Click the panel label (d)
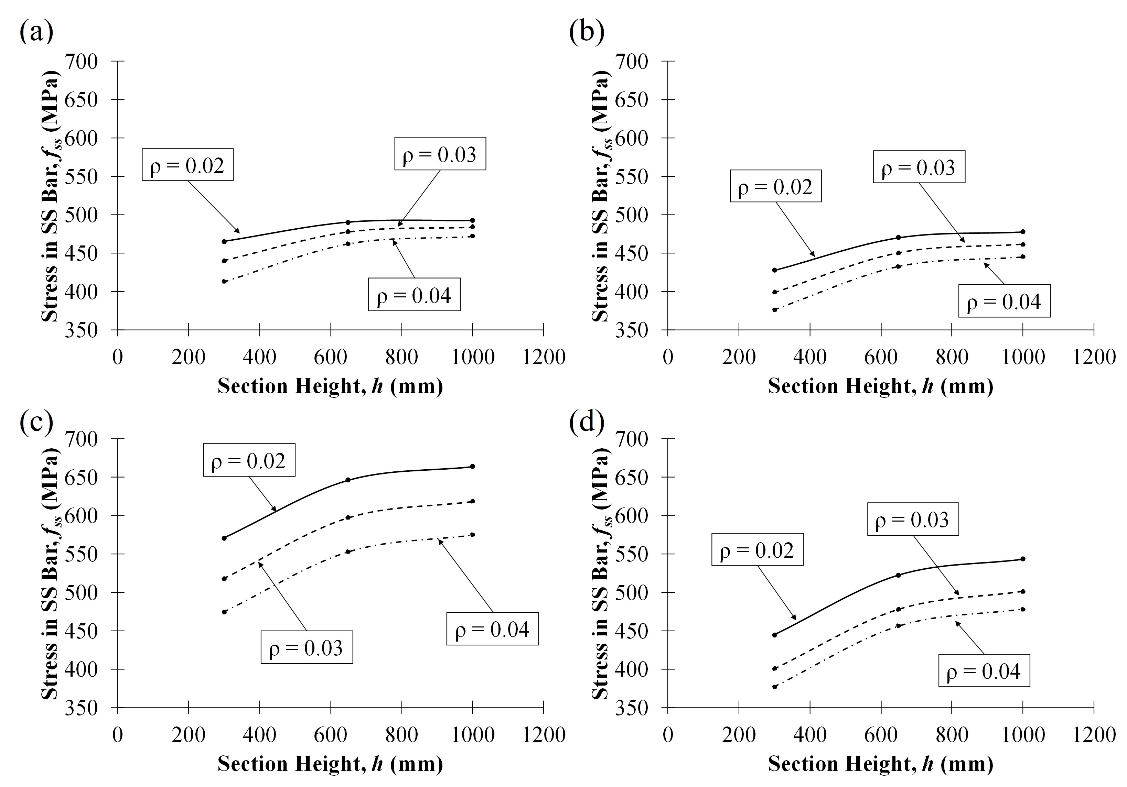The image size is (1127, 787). pyautogui.click(x=587, y=423)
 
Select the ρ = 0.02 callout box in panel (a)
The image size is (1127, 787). pyautogui.click(x=187, y=165)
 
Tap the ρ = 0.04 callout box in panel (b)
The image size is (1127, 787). pyautogui.click(x=1004, y=301)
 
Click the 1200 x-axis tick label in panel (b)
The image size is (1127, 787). pyautogui.click(x=1094, y=357)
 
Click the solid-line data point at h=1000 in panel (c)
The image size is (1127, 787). pyautogui.click(x=472, y=466)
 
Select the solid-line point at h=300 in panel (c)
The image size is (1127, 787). pyautogui.click(x=224, y=538)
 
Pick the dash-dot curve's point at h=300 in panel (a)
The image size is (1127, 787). pyautogui.click(x=224, y=282)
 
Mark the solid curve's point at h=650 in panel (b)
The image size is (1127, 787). pyautogui.click(x=898, y=238)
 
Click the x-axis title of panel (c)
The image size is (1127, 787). pyautogui.click(x=330, y=764)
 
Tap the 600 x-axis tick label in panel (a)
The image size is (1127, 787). pyautogui.click(x=330, y=357)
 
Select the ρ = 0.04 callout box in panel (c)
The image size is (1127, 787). pyautogui.click(x=492, y=628)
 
